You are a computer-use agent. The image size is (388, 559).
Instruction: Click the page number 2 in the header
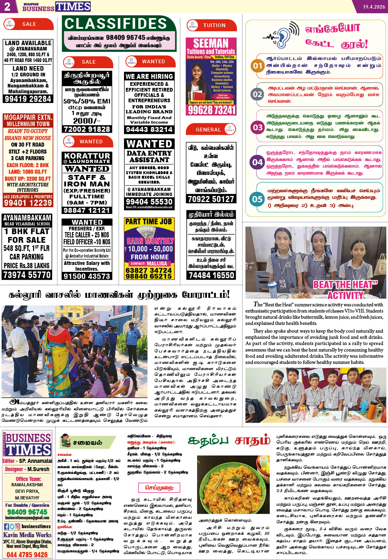[x=7, y=6]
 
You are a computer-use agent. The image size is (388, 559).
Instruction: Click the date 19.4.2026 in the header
[x=373, y=7]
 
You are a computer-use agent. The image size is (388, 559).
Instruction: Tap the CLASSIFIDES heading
[x=116, y=24]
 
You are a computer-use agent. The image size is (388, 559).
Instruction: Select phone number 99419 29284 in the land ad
[x=28, y=99]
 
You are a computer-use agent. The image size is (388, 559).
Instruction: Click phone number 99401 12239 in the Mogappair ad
[x=28, y=203]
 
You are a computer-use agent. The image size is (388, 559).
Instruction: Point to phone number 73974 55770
[x=27, y=275]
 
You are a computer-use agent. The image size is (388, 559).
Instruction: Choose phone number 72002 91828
[x=87, y=129]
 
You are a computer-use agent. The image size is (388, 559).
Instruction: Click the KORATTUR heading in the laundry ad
[x=87, y=156]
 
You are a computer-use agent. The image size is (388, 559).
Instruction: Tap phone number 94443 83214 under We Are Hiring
[x=149, y=129]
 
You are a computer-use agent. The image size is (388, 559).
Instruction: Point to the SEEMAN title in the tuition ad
[x=211, y=43]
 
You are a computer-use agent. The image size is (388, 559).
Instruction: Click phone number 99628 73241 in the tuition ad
[x=211, y=110]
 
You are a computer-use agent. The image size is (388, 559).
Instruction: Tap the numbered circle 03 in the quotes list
[x=257, y=127]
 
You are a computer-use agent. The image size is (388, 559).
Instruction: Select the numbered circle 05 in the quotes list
[x=257, y=199]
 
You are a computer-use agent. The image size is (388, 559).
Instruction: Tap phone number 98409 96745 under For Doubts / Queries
[x=27, y=512]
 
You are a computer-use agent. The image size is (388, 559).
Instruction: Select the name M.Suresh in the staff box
[x=38, y=469]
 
